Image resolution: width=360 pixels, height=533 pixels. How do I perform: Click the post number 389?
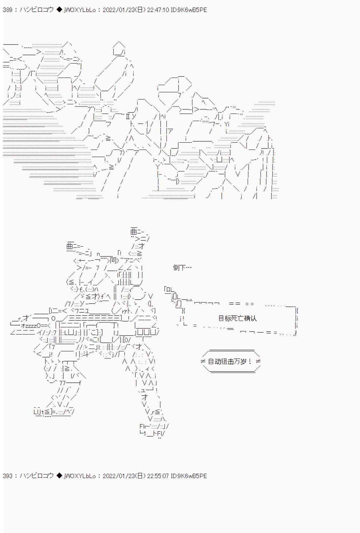pyautogui.click(x=7, y=10)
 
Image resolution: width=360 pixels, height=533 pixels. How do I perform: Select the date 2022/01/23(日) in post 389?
pyautogui.click(x=124, y=10)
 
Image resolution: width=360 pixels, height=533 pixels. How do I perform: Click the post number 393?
pyautogui.click(x=7, y=476)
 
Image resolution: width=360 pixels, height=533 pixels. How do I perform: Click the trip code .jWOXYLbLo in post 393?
pyautogui.click(x=79, y=476)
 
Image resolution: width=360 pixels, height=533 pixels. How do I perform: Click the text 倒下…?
pyautogui.click(x=182, y=268)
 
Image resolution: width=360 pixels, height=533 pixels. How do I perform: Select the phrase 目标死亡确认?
pyautogui.click(x=237, y=318)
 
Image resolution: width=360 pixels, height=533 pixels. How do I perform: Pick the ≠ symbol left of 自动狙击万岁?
pyautogui.click(x=203, y=362)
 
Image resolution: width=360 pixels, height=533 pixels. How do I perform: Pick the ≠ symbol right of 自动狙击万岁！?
pyautogui.click(x=258, y=362)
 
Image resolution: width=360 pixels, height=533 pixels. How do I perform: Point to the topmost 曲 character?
pyautogui.click(x=134, y=231)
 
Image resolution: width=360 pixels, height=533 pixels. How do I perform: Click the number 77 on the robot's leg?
pyautogui.click(x=62, y=383)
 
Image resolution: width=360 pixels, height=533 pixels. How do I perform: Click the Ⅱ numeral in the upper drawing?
pyautogui.click(x=128, y=116)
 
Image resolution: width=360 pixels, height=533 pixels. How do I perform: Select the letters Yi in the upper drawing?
pyautogui.click(x=226, y=124)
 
